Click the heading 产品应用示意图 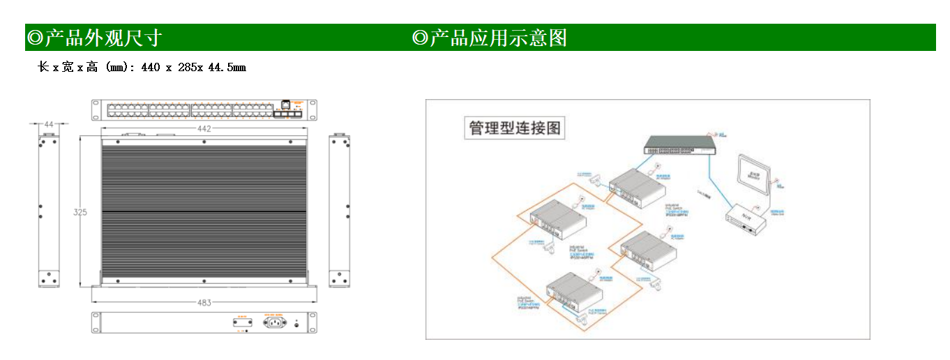(497, 38)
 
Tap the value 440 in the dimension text (150, 68)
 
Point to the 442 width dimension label (204, 129)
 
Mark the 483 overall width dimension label (204, 303)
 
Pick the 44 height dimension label (48, 124)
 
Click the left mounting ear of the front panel (96, 110)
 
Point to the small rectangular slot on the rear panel (242, 322)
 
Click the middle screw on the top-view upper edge (204, 142)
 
